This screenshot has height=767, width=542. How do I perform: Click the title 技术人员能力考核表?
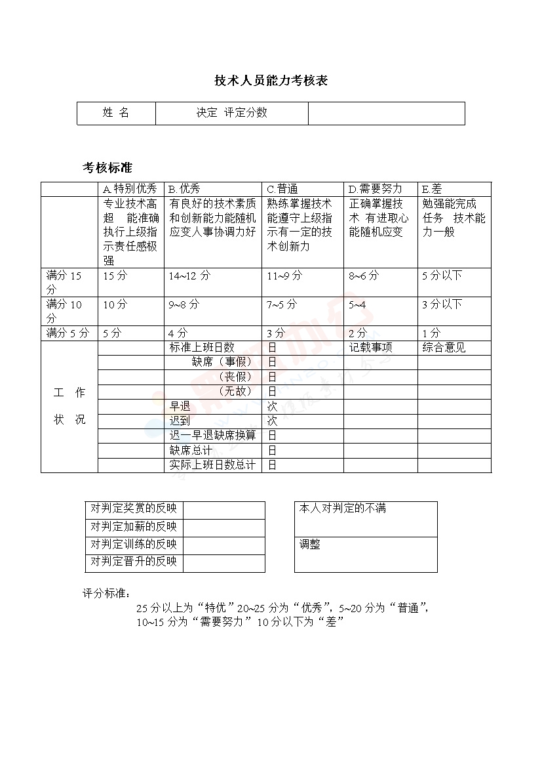point(271,81)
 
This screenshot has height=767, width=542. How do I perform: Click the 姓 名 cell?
point(116,113)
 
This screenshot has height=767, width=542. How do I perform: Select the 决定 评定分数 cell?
point(232,113)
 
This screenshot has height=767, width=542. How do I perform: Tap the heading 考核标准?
point(107,167)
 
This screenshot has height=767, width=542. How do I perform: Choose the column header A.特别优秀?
point(130,189)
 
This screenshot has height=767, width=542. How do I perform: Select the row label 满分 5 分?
point(68,333)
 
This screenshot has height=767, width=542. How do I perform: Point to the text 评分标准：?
point(107,593)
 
